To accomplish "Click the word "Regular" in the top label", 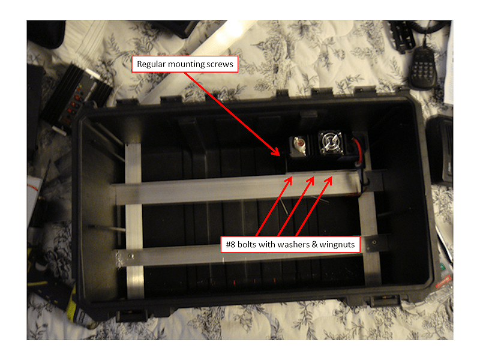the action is click(x=151, y=64).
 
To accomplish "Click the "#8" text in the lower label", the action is click(x=230, y=244).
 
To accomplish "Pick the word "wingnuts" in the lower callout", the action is click(x=337, y=245).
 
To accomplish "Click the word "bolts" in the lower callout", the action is click(x=247, y=244).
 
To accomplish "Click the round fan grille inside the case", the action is click(x=330, y=142).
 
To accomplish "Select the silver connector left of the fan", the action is click(x=299, y=145).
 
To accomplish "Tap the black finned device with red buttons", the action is click(x=77, y=97).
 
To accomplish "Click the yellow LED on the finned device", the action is click(x=80, y=86).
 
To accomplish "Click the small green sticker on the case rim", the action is click(x=442, y=266).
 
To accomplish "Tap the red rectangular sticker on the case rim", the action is click(x=443, y=282).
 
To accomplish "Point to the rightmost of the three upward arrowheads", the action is click(x=329, y=181).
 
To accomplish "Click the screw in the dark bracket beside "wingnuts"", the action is click(x=374, y=242).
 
